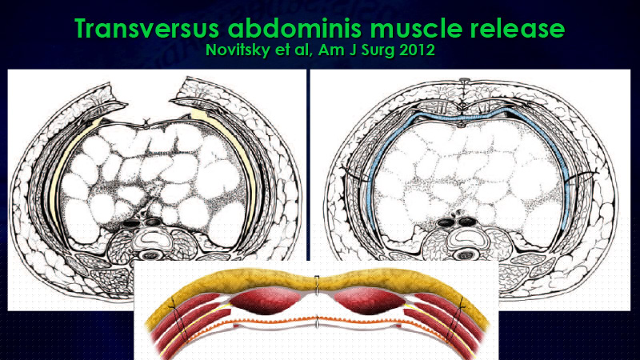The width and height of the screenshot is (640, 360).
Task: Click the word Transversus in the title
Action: coord(147,28)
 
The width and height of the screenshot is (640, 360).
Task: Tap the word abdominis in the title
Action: coord(294,28)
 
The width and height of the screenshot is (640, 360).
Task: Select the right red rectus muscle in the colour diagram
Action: coord(370,301)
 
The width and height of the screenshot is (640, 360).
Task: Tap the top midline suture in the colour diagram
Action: coord(317,285)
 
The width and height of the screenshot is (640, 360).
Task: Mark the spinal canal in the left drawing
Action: coord(151,255)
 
